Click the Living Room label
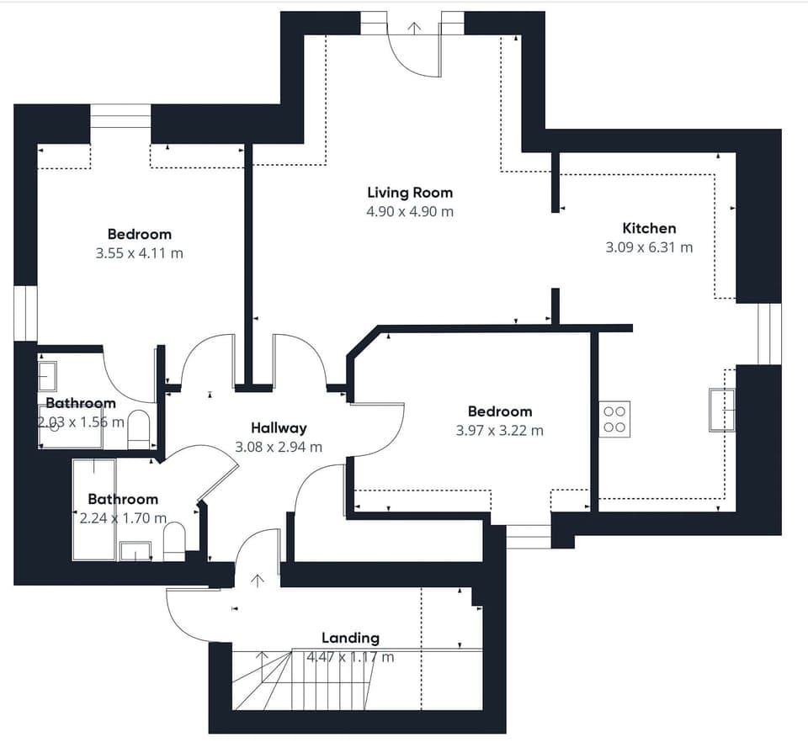[409, 193]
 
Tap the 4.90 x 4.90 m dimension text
[409, 212]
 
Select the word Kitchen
[648, 228]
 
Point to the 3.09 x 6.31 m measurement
[648, 247]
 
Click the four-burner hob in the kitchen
[614, 419]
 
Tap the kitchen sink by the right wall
[722, 410]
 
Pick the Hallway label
[279, 428]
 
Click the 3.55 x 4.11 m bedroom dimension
[139, 253]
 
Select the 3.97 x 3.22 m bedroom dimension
[500, 431]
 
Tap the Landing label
[350, 639]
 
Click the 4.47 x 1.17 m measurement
[350, 657]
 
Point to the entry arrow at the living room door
[413, 27]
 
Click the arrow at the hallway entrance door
[258, 579]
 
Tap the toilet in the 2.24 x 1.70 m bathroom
[174, 540]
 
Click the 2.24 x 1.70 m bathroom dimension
[123, 518]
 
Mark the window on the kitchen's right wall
[769, 334]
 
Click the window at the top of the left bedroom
[120, 116]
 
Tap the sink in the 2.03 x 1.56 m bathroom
[48, 375]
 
